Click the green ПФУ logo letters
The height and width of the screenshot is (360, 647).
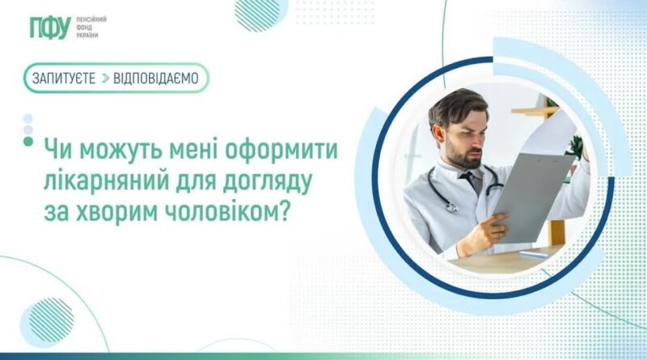50,28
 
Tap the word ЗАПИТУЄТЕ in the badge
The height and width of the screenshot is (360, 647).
64,78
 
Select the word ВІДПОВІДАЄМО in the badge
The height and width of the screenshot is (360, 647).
156,78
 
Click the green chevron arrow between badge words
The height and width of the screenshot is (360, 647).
105,78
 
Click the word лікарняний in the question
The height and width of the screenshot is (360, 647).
106,181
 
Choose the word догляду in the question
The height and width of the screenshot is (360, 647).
268,182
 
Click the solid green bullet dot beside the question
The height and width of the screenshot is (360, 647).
28,142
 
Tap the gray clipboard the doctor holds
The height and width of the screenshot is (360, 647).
532,195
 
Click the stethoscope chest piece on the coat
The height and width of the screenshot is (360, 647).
452,207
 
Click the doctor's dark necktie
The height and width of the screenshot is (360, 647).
471,181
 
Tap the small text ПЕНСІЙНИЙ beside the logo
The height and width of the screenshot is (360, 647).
91,19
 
